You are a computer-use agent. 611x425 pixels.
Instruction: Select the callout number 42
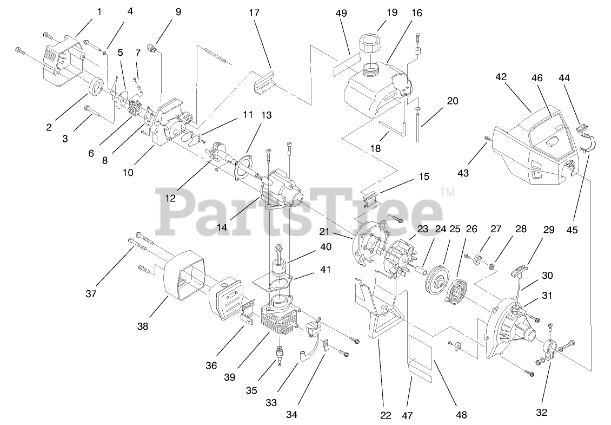point(501,77)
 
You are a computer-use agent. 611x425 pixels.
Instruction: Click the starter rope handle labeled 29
point(519,267)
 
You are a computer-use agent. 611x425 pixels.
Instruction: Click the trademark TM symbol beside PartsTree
point(448,192)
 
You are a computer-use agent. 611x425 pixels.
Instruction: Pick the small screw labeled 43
point(488,139)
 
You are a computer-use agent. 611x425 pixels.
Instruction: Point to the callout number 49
point(341,13)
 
